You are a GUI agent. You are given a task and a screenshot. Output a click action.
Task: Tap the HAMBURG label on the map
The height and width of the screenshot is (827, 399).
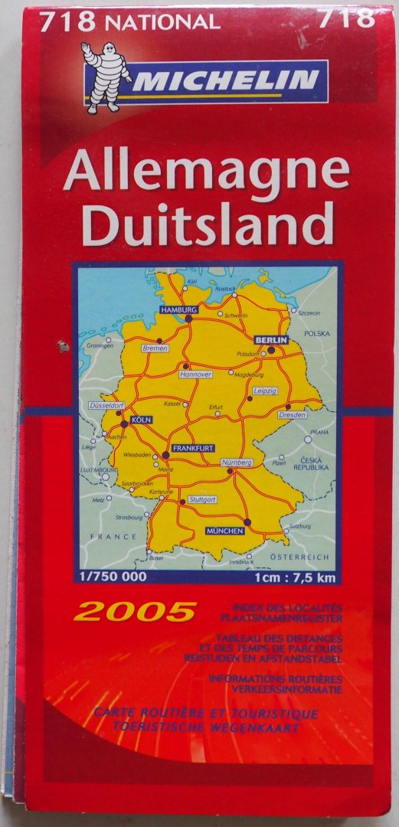178,309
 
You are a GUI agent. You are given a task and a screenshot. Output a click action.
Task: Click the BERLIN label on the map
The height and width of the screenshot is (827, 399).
271,339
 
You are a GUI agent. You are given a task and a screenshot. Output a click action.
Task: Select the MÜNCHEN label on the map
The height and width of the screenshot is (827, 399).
224,531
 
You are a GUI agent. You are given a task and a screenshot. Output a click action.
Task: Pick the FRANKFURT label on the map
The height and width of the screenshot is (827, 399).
192,448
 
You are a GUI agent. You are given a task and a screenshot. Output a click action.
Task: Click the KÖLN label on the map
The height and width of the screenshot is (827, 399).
141,420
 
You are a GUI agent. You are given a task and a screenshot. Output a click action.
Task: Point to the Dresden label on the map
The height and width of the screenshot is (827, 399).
293,414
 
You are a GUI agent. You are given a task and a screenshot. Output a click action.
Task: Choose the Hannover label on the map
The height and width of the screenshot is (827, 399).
195,374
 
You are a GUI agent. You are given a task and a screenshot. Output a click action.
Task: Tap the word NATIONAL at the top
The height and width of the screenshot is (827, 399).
162,22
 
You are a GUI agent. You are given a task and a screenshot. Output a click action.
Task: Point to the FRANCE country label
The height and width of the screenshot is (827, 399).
113,537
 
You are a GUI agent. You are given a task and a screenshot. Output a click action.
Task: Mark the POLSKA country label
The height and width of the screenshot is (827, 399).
316,334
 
